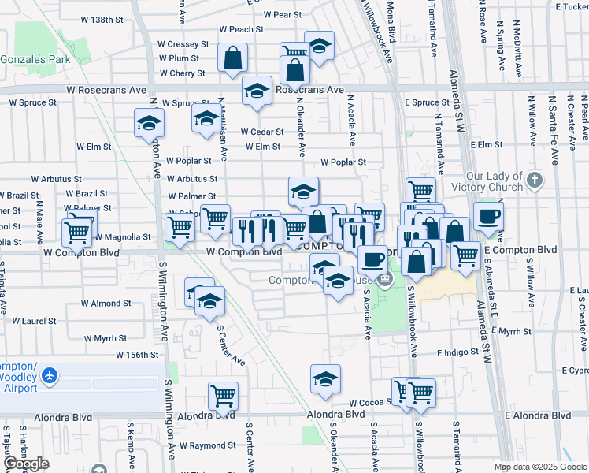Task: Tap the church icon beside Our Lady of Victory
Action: click(x=535, y=181)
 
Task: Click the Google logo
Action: click(x=26, y=464)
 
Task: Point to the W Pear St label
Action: click(x=283, y=14)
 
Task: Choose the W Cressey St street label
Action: click(x=183, y=44)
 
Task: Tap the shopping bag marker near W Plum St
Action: click(x=233, y=58)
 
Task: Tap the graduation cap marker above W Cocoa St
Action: click(x=325, y=379)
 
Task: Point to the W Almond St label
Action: click(x=106, y=304)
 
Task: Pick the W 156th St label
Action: click(x=137, y=356)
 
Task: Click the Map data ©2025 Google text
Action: click(x=540, y=467)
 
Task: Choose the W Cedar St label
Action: click(x=261, y=132)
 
